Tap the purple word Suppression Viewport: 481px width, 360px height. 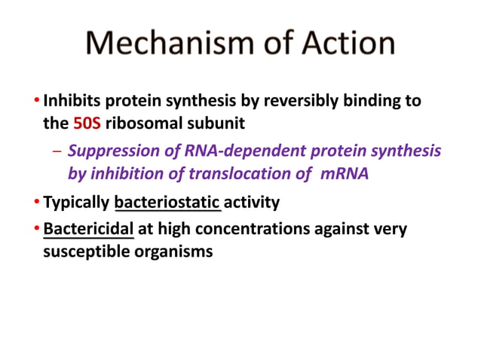pyautogui.click(x=114, y=151)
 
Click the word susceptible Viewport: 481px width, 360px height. pyautogui.click(x=78, y=252)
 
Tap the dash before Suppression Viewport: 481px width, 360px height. pyautogui.click(x=57, y=151)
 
